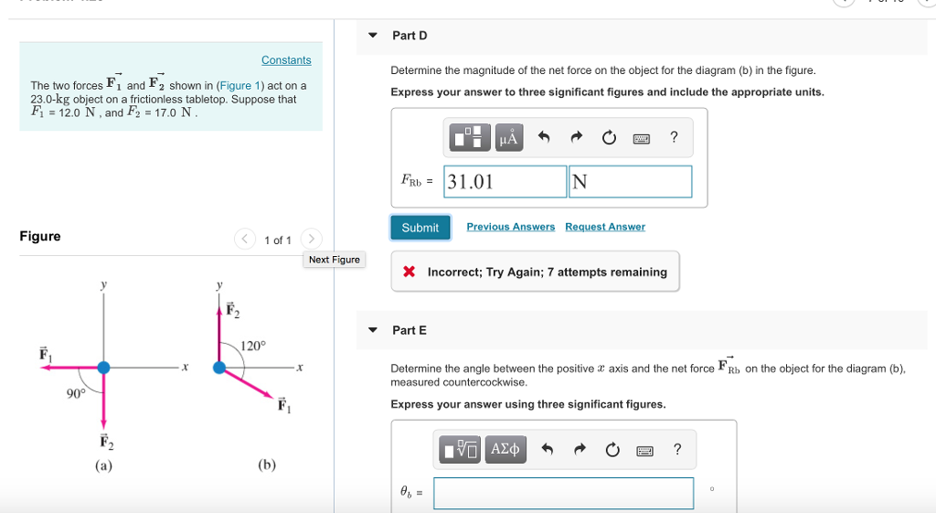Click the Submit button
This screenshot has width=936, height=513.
click(420, 228)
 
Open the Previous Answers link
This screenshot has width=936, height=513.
click(510, 227)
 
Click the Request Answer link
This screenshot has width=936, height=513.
click(604, 227)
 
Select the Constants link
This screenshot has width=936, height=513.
click(286, 60)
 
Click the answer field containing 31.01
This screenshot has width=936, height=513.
click(505, 181)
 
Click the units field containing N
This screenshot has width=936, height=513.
click(630, 181)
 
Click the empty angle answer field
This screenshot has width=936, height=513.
click(563, 493)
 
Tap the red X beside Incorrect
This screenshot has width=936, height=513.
click(409, 273)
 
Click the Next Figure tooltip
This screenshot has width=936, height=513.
click(334, 260)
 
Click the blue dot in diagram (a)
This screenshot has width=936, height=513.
click(103, 367)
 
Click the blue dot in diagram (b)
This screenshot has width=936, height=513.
click(219, 368)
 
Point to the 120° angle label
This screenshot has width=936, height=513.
click(253, 347)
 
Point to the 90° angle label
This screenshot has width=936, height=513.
click(76, 393)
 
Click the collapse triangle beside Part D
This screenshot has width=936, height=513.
click(373, 36)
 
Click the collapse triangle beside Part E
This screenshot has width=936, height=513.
click(373, 330)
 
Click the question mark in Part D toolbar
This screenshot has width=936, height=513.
click(674, 138)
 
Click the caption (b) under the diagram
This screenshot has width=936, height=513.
click(267, 465)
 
